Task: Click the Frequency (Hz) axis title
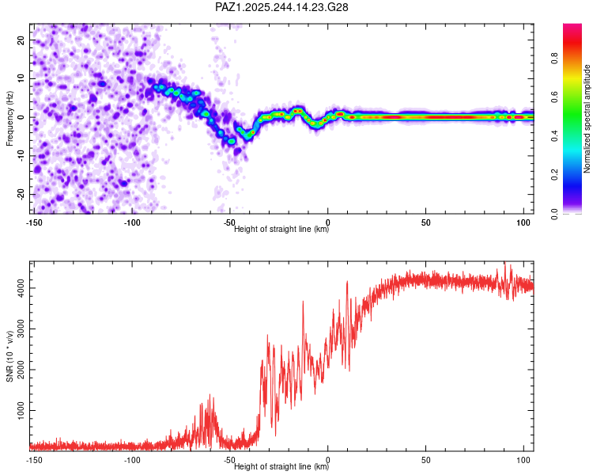point(9,117)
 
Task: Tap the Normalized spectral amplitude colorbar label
point(587,119)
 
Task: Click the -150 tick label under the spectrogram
point(34,222)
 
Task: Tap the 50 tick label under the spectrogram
point(425,222)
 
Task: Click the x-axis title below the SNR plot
point(281,466)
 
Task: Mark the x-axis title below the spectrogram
point(281,230)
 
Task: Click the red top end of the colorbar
point(572,28)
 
